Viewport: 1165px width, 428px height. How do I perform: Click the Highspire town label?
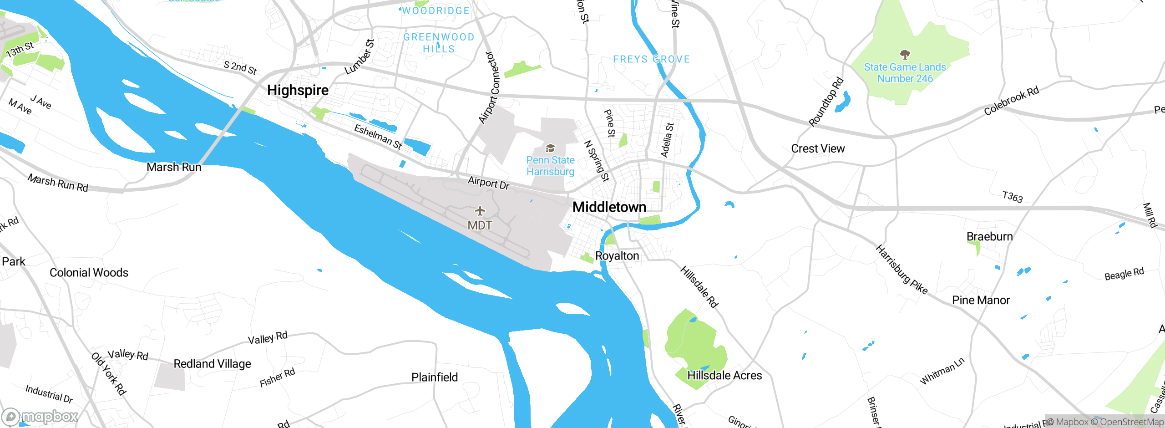tap(298, 90)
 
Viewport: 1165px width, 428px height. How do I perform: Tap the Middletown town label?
tap(609, 207)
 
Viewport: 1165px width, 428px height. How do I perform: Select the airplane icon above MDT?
tap(480, 211)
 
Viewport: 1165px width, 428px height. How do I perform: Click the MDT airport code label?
tap(480, 225)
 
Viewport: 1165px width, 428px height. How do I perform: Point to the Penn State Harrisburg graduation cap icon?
tap(550, 148)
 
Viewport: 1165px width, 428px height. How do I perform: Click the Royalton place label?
tap(617, 256)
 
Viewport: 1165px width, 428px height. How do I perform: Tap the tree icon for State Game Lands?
tap(905, 55)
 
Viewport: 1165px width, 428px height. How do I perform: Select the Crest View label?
tap(818, 149)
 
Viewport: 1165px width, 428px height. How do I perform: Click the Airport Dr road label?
tap(488, 183)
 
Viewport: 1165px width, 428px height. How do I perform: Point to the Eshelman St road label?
tap(378, 137)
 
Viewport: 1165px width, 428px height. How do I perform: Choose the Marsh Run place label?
tap(174, 167)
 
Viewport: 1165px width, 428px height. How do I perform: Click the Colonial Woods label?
tap(89, 273)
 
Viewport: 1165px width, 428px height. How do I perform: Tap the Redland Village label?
tap(212, 364)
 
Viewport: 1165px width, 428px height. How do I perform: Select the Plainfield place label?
tap(434, 377)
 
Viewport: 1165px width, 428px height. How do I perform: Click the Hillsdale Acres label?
tap(724, 376)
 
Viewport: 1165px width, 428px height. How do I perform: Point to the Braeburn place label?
tap(989, 237)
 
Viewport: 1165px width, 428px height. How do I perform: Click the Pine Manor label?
tap(981, 301)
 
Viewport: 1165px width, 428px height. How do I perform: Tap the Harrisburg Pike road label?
tap(901, 270)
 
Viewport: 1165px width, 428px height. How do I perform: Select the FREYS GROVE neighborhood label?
tap(651, 59)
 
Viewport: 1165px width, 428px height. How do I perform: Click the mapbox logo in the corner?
tap(40, 416)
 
